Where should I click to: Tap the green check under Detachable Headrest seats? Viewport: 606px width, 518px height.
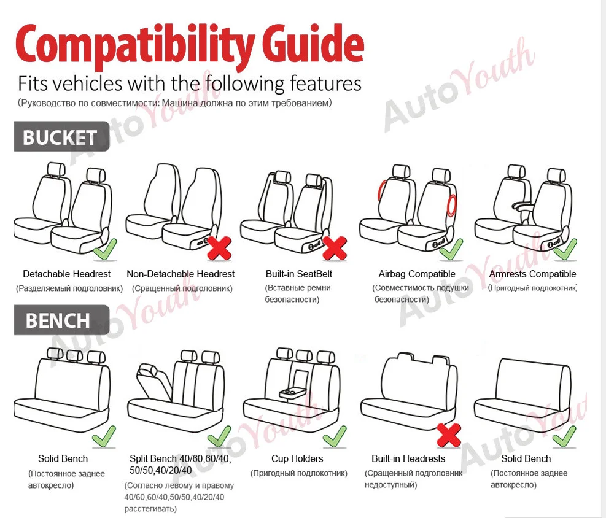(x=105, y=250)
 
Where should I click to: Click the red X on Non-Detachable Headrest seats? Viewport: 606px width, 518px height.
(x=220, y=248)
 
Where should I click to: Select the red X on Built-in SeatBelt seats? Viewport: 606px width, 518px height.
(x=334, y=248)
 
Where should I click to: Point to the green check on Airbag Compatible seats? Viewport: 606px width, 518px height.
(x=451, y=250)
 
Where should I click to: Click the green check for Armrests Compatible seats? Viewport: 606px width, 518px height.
(x=565, y=250)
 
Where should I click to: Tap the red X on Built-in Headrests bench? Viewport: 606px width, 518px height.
(x=449, y=435)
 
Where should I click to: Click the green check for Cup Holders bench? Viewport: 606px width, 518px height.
(x=335, y=437)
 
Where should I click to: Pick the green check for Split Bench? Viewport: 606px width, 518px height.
(x=219, y=437)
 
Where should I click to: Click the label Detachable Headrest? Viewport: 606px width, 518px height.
(x=66, y=274)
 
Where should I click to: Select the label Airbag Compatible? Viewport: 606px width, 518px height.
(x=417, y=274)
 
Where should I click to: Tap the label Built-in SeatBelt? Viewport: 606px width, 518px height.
(x=299, y=274)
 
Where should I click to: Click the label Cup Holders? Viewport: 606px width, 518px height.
(x=297, y=458)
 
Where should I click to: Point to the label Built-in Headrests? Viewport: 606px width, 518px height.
(x=408, y=458)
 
